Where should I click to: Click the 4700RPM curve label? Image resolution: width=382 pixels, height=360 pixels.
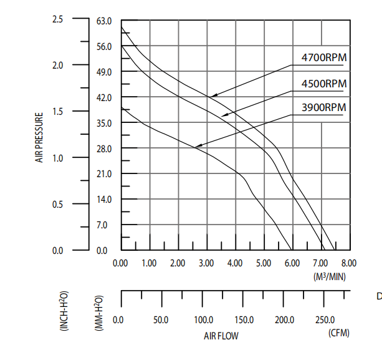click(324, 58)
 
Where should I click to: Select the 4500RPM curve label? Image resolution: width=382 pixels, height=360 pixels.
click(324, 84)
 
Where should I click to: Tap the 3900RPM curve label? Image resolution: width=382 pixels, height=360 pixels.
click(324, 107)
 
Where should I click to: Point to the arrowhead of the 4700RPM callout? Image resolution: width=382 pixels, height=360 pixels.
click(212, 96)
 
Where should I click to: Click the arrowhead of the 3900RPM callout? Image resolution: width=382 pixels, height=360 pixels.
click(198, 146)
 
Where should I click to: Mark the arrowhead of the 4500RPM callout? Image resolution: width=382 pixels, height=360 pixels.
click(224, 115)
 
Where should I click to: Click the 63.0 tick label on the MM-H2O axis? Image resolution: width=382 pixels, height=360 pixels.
click(104, 21)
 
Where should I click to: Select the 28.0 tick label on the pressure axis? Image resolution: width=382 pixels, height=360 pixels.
click(104, 148)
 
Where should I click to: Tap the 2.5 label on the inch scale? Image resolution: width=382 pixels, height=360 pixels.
click(58, 19)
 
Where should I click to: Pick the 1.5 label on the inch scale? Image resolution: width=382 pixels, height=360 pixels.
click(58, 112)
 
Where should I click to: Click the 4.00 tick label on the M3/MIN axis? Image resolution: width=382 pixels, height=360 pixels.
click(235, 263)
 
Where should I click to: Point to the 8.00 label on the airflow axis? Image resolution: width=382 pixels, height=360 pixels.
click(349, 263)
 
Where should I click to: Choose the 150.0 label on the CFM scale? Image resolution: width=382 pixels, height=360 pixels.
click(244, 319)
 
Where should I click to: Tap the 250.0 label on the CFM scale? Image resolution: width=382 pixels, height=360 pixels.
click(325, 319)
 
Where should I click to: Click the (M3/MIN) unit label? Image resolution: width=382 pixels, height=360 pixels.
click(330, 276)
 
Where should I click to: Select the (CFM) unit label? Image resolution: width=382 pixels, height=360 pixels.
click(339, 333)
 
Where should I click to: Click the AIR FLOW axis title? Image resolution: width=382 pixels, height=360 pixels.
click(221, 336)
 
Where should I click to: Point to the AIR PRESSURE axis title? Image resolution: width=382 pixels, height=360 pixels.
click(39, 137)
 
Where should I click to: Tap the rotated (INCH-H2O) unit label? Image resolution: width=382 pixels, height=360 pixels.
click(64, 311)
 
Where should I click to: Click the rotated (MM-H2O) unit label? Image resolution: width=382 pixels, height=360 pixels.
click(99, 313)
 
